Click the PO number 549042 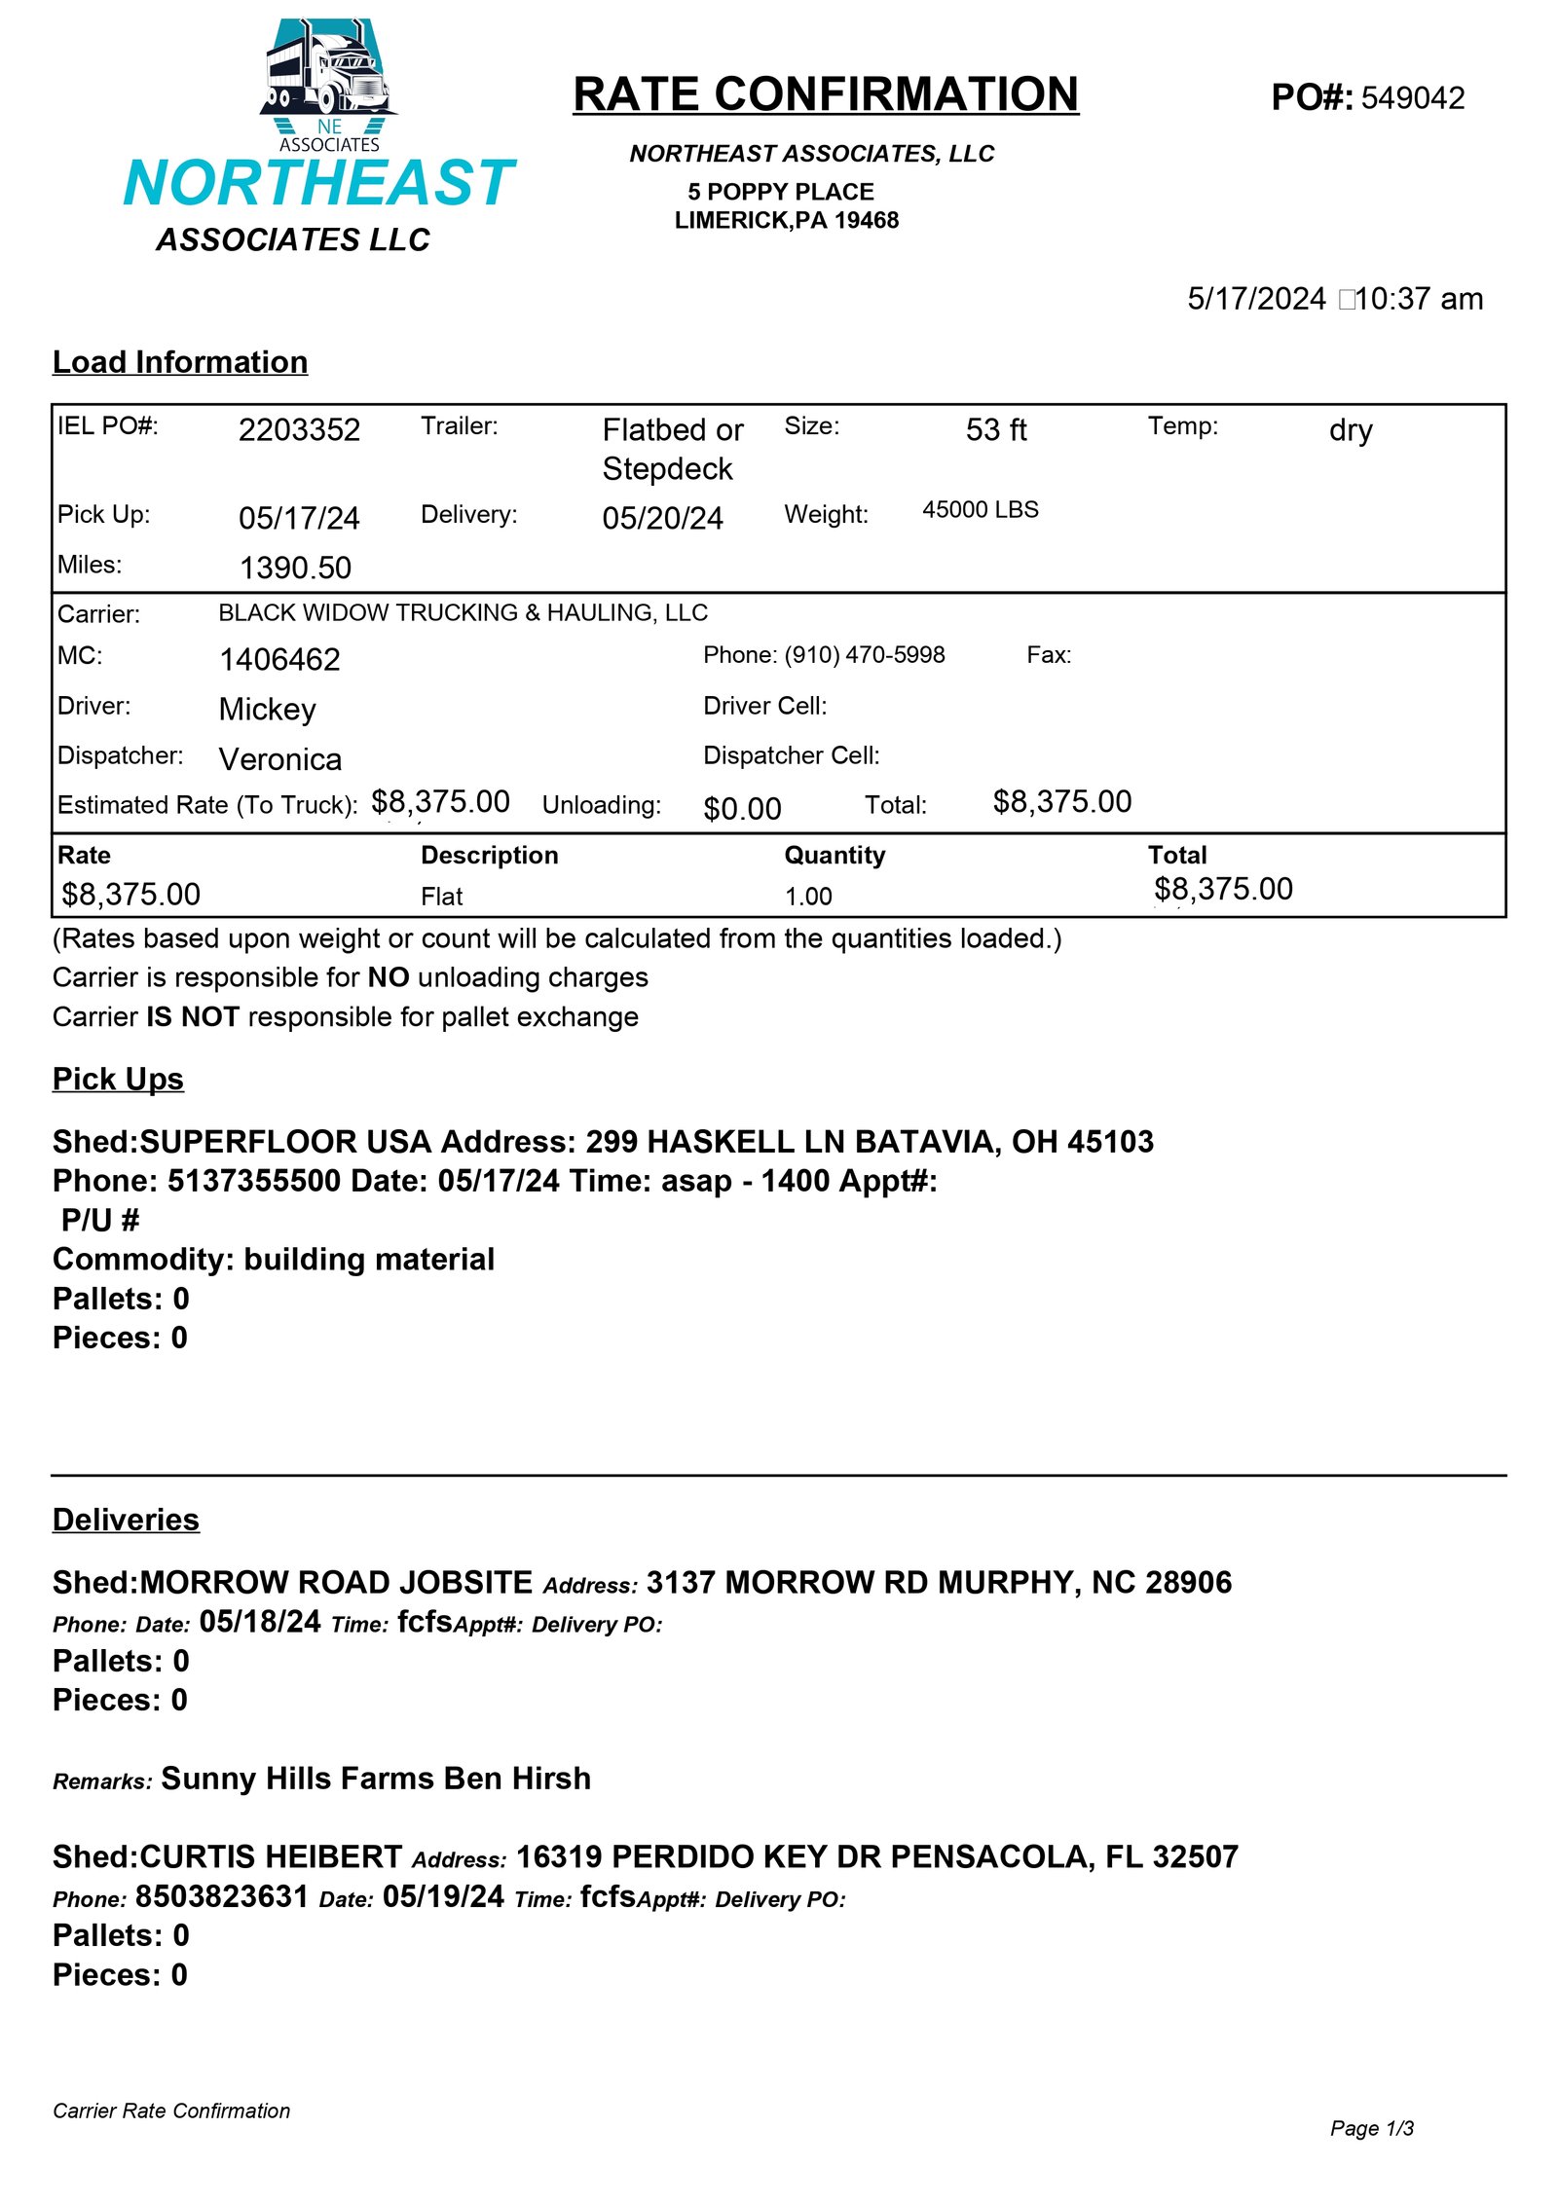point(1412,98)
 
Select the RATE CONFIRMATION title point(825,95)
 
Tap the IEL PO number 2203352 point(299,430)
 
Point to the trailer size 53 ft point(995,430)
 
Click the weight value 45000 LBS point(980,510)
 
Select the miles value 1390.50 point(295,568)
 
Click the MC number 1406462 point(279,660)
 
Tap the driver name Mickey point(267,710)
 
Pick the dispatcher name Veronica point(280,759)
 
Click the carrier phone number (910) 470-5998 point(864,655)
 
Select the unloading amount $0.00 point(742,809)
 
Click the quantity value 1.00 point(808,897)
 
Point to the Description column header point(489,856)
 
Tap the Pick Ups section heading point(118,1080)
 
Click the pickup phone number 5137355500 point(254,1181)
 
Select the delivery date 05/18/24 point(260,1622)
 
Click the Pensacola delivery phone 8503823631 point(222,1896)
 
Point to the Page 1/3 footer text point(1371,2129)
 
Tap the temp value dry point(1350,430)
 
